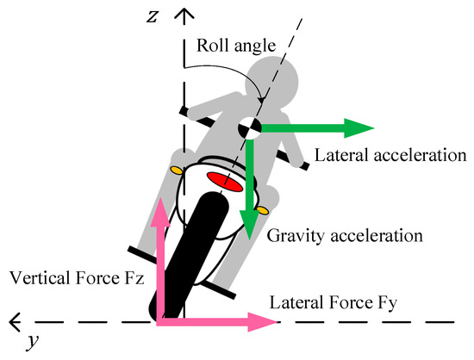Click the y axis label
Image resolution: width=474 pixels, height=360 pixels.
31,342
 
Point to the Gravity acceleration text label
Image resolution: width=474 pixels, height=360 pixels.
343,233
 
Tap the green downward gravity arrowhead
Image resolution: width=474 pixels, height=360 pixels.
249,226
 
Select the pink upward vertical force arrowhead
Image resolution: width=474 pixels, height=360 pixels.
158,216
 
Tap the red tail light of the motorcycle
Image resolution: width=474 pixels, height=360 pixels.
223,181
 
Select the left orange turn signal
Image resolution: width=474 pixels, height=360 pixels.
176,171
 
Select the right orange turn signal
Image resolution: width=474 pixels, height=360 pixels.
264,209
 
